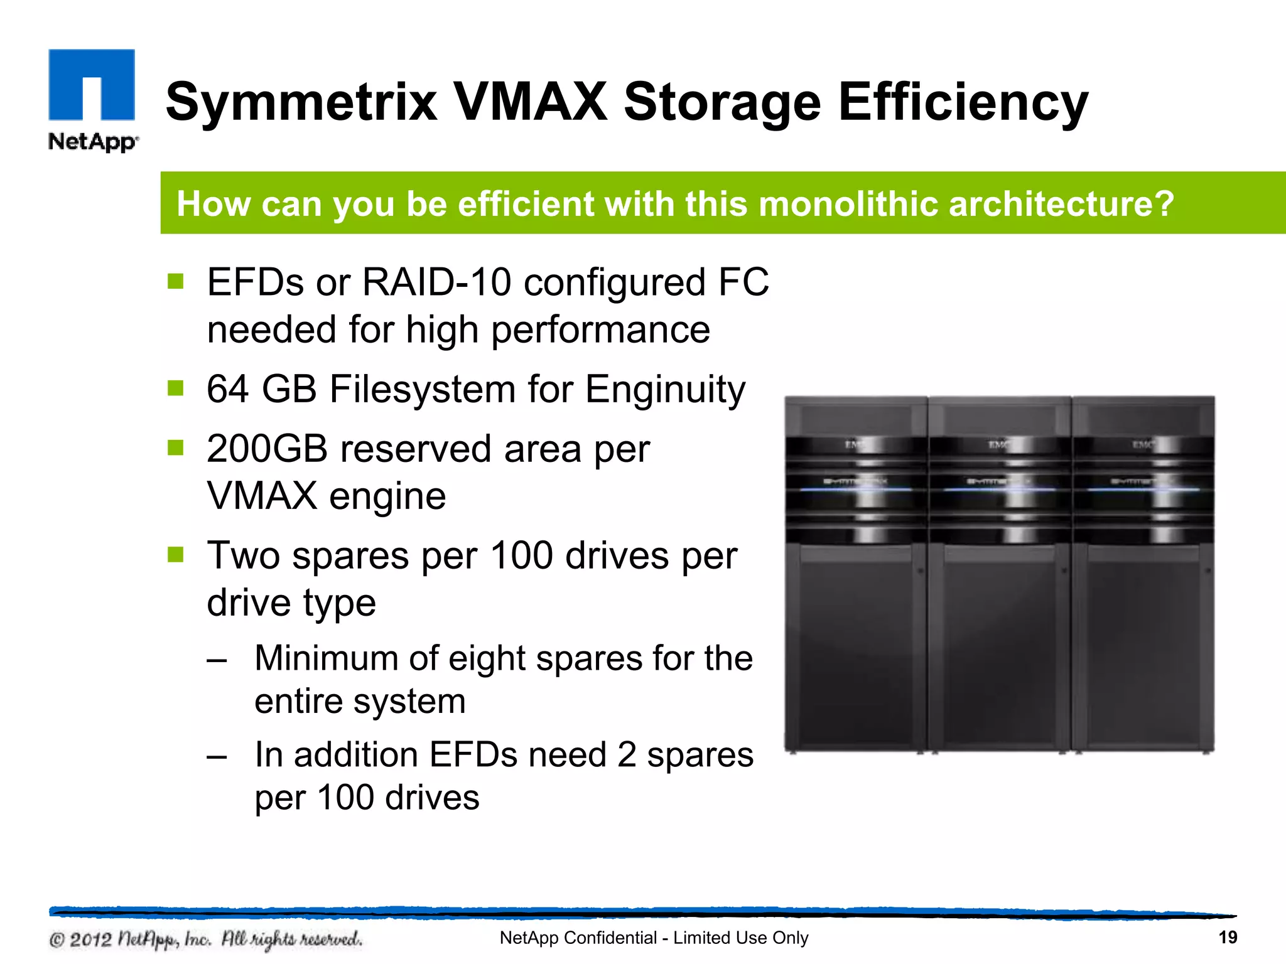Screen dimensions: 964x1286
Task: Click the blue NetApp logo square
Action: point(92,84)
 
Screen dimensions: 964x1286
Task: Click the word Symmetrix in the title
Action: point(301,102)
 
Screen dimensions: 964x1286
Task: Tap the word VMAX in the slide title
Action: point(531,102)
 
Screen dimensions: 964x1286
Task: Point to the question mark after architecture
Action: point(1163,204)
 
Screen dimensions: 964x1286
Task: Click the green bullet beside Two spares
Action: point(176,554)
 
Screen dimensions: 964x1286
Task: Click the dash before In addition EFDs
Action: point(217,756)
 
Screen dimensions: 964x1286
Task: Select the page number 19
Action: point(1228,938)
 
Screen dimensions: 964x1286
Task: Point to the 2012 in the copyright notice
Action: point(90,940)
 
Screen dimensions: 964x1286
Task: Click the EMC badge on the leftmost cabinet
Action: point(855,445)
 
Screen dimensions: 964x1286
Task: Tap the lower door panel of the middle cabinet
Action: point(999,646)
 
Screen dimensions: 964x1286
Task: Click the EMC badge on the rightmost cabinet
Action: point(1143,445)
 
